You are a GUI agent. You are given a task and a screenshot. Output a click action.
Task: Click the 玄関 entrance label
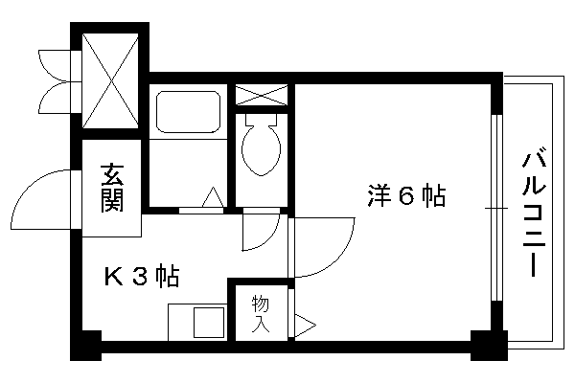(x=112, y=188)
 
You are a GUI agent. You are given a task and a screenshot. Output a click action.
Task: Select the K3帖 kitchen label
(x=142, y=276)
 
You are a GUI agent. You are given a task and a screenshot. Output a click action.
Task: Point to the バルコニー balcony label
(x=534, y=214)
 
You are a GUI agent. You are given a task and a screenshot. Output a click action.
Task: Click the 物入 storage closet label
(x=261, y=314)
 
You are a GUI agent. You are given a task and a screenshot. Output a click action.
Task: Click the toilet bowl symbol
(x=261, y=145)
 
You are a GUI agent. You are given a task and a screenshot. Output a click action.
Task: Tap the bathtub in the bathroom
(x=189, y=111)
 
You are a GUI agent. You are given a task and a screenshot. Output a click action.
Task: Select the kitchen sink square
(x=209, y=323)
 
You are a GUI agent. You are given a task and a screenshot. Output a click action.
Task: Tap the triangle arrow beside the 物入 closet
(x=306, y=326)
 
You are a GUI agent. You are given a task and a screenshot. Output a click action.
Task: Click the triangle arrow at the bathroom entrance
(x=213, y=198)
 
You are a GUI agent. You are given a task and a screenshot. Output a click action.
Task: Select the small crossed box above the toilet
(x=261, y=95)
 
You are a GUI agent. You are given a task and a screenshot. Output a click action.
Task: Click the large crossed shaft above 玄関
(x=110, y=80)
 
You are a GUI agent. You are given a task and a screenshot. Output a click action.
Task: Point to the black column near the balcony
(x=489, y=346)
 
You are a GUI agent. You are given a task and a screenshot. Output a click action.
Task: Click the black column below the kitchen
(x=86, y=346)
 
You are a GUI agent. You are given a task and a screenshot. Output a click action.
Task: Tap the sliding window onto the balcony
(x=496, y=208)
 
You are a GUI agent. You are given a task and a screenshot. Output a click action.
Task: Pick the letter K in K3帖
(x=114, y=276)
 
